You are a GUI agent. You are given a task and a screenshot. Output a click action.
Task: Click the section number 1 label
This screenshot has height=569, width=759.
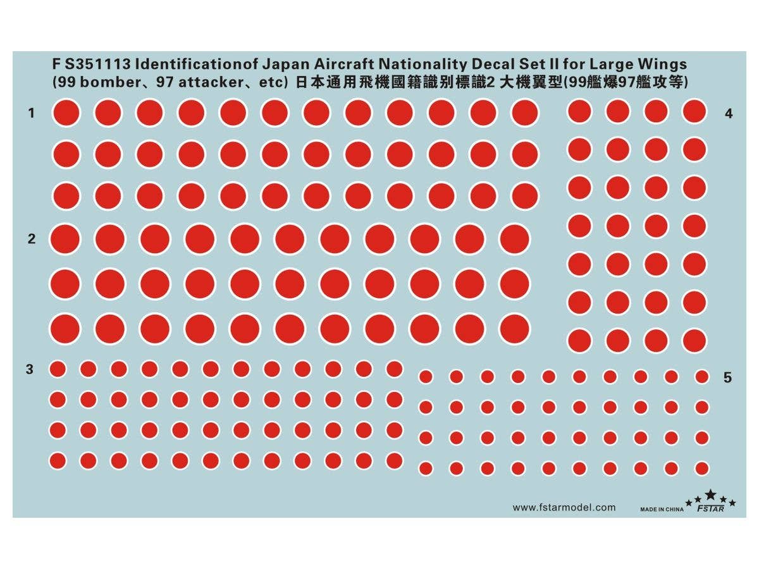click(x=31, y=113)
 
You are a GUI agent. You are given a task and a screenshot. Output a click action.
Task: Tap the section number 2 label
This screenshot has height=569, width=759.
click(x=31, y=239)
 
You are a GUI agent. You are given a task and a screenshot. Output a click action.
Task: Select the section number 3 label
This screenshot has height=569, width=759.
click(x=30, y=369)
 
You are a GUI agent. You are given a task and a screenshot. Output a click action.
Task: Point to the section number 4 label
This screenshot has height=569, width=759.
click(x=729, y=114)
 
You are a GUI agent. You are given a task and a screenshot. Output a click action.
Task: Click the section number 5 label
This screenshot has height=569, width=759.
click(x=727, y=377)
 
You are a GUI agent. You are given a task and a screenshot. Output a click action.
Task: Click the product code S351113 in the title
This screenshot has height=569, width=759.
click(x=99, y=64)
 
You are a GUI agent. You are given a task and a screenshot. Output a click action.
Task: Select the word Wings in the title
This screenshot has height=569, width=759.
click(x=661, y=64)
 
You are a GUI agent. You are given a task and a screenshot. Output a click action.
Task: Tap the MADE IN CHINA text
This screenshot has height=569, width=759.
click(x=661, y=509)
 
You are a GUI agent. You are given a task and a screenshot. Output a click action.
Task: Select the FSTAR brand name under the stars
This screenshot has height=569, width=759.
click(x=708, y=508)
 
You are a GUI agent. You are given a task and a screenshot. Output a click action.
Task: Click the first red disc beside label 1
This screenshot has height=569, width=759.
click(x=66, y=113)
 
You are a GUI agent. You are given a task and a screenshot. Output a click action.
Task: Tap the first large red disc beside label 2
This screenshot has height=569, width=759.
click(x=65, y=239)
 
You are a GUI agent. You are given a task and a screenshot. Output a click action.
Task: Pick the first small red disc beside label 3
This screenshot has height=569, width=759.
click(x=58, y=369)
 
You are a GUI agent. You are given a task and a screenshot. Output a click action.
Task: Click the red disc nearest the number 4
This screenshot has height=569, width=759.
click(x=694, y=112)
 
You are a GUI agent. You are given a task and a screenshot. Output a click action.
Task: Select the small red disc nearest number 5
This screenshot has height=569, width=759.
click(x=701, y=377)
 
